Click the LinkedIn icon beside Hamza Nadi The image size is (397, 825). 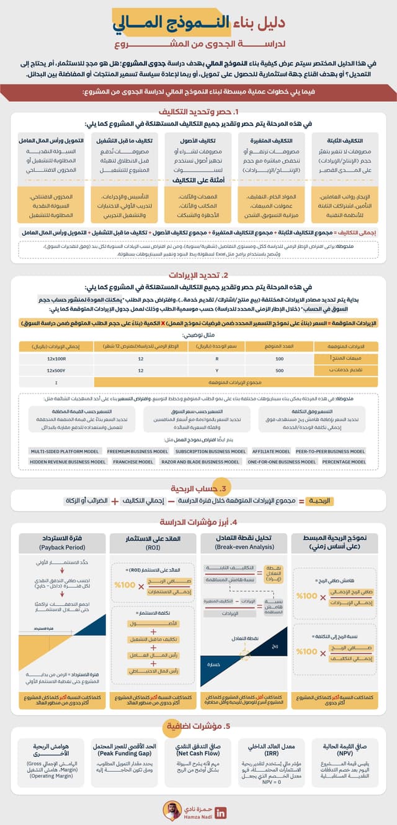220,813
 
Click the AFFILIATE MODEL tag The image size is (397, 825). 271,451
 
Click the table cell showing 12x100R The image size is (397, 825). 56,358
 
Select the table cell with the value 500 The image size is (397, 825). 279,370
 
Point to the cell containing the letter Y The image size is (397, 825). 216,370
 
